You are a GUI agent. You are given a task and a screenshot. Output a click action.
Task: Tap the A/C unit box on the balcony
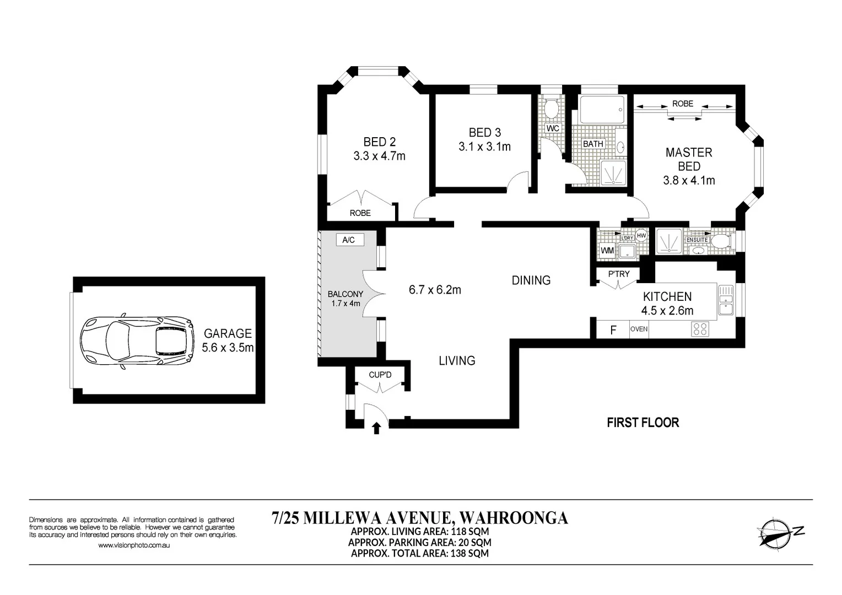tap(348, 240)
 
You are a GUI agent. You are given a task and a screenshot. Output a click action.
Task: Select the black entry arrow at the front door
tap(377, 428)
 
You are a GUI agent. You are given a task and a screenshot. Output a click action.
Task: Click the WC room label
tap(553, 128)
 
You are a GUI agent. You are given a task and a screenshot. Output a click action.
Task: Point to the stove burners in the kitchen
tap(700, 329)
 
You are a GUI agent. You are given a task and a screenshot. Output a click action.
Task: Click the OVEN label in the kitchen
tap(639, 329)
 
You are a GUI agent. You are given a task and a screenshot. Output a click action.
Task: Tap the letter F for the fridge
tap(613, 330)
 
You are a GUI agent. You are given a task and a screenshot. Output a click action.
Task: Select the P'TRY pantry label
tap(619, 274)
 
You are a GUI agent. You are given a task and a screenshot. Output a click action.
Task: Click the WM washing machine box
tap(607, 251)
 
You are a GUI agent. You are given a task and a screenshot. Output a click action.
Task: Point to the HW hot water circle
tap(641, 235)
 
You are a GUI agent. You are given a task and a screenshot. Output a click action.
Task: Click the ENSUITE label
tap(697, 240)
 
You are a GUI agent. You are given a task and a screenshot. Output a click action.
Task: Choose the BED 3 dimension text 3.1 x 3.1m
tap(484, 147)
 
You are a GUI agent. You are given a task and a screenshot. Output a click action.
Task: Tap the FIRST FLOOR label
tap(643, 423)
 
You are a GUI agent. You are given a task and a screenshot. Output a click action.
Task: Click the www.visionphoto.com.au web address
tap(133, 545)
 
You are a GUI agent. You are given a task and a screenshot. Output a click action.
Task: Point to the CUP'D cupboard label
tap(380, 375)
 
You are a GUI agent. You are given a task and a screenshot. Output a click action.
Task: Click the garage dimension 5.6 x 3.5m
tap(228, 348)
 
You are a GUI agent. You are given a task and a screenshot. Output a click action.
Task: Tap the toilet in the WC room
tap(552, 107)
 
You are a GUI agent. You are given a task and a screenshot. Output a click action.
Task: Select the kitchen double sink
tap(725, 300)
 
